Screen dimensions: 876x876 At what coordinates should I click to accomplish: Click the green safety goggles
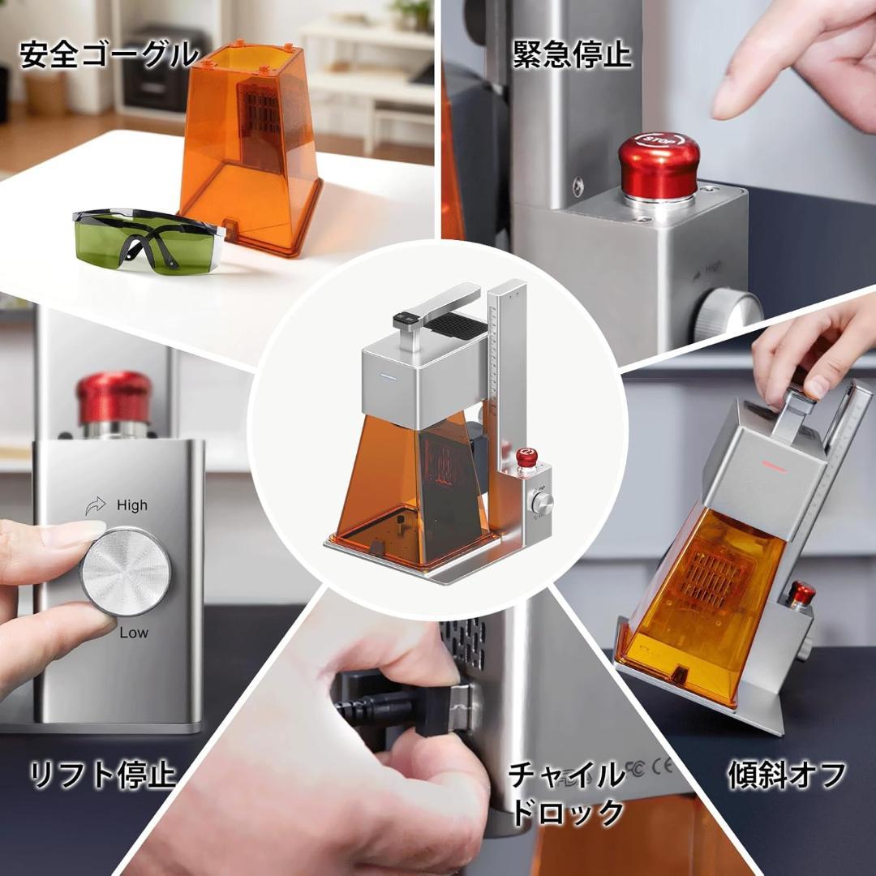point(148,242)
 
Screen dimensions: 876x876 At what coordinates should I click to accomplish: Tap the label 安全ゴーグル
point(109,55)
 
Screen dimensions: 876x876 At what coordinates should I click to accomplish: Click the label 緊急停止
point(572,54)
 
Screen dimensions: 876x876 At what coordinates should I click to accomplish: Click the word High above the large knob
point(132,505)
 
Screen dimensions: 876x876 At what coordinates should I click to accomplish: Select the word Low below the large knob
point(134,633)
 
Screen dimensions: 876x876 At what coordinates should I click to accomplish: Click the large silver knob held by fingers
point(125,571)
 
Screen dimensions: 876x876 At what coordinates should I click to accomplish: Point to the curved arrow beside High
point(96,505)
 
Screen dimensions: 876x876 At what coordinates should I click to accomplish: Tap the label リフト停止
point(102,775)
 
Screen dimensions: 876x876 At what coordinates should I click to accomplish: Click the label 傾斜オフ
point(787,775)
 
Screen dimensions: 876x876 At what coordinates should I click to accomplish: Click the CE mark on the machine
point(662,766)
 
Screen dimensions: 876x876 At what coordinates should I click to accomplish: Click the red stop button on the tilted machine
point(802,592)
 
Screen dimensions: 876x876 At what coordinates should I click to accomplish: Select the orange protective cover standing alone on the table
point(251,148)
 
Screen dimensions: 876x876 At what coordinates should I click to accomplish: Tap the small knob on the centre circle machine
point(542,503)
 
